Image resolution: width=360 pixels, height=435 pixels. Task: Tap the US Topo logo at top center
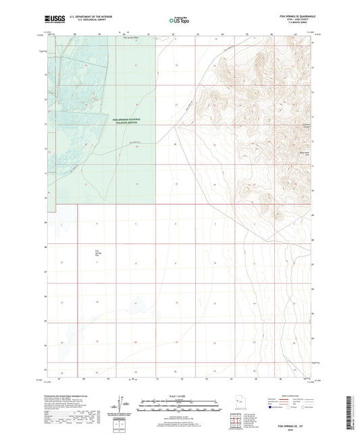pos(180,21)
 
